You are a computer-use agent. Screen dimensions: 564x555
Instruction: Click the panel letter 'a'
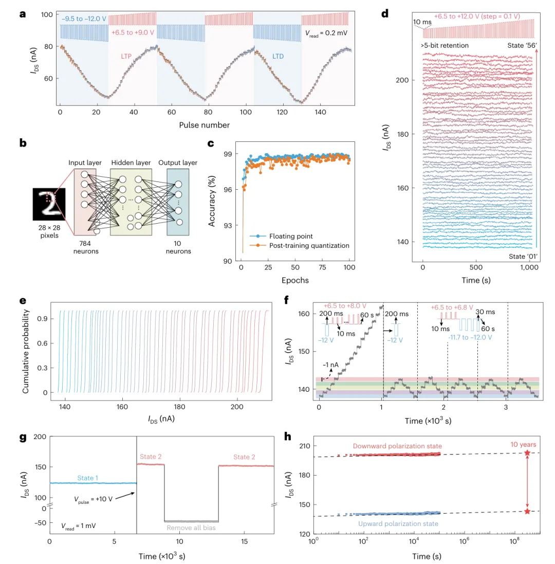tap(23, 14)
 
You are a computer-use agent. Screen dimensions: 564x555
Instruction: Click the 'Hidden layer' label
tap(131, 163)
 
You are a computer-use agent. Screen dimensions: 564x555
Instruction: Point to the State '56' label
tap(519, 45)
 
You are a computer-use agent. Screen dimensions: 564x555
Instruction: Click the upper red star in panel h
tap(527, 453)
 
